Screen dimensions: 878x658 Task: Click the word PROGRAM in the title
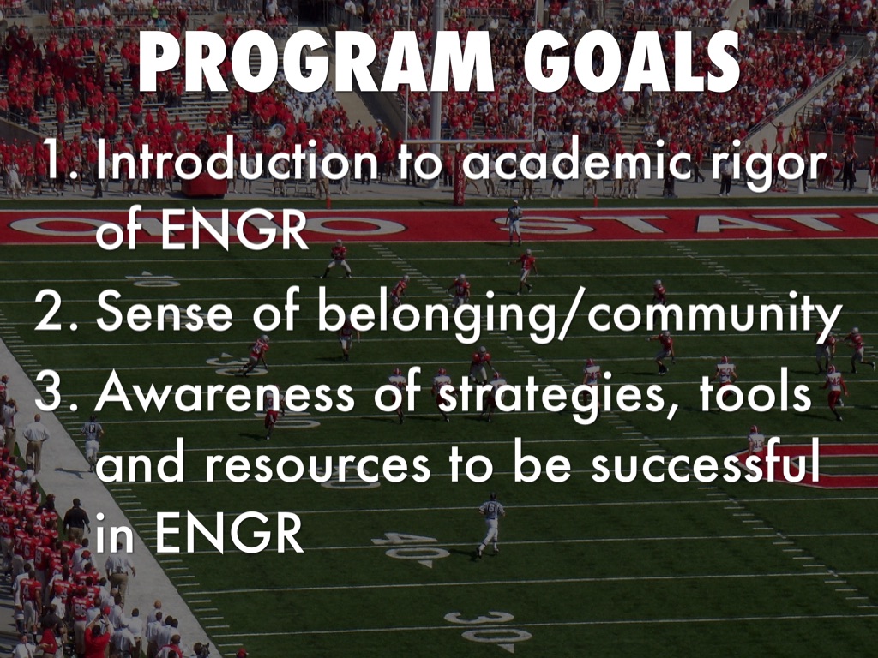316,61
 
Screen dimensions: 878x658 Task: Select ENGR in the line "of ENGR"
235,230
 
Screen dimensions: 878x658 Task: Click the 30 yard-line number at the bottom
488,626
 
